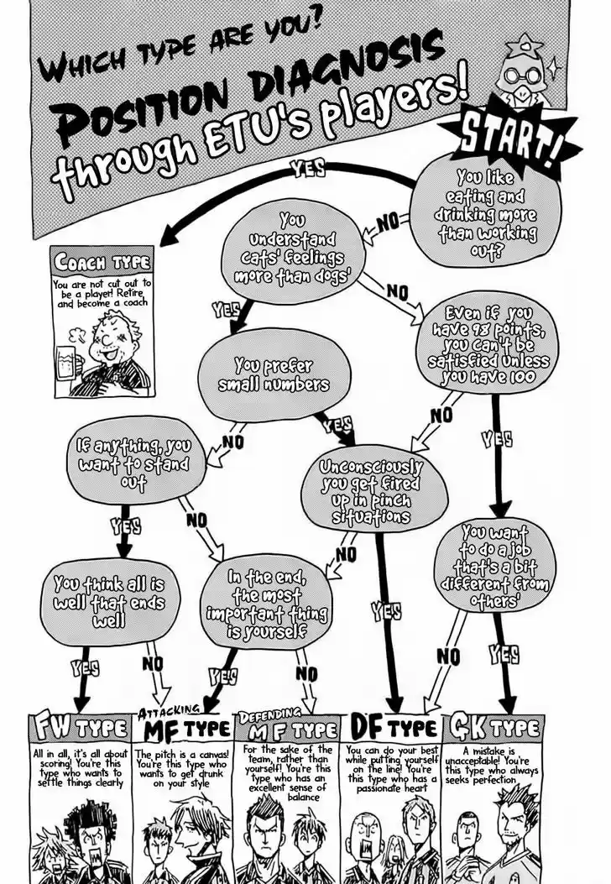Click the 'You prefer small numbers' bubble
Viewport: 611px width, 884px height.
click(274, 375)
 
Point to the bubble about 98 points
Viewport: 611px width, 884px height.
click(488, 344)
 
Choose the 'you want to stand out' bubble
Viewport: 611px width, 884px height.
click(135, 463)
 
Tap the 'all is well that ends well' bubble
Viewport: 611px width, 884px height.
click(111, 601)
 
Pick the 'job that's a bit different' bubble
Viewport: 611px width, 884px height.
click(495, 566)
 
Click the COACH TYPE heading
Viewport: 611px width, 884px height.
click(102, 263)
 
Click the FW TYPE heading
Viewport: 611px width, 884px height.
click(80, 729)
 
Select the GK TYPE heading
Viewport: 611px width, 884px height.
click(493, 729)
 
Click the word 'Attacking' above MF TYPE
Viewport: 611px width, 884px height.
click(168, 712)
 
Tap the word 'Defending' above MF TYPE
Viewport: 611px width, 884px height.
click(269, 715)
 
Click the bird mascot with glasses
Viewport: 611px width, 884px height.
click(529, 72)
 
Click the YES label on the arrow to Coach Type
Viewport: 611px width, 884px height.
click(308, 167)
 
